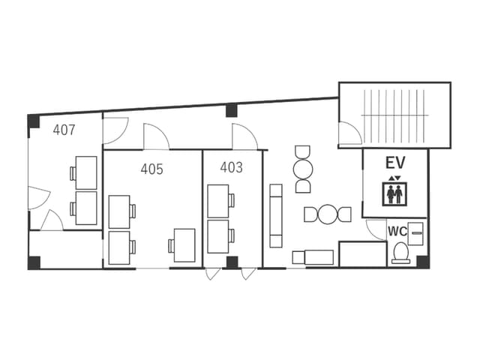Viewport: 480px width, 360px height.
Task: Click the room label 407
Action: pyautogui.click(x=64, y=130)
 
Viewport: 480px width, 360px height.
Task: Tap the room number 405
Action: pyautogui.click(x=151, y=169)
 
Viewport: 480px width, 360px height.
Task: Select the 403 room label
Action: pyautogui.click(x=232, y=167)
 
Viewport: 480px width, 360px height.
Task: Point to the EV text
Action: pyautogui.click(x=395, y=163)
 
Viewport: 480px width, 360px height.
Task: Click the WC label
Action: pyautogui.click(x=397, y=232)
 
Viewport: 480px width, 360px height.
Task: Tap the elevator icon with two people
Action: pyautogui.click(x=394, y=193)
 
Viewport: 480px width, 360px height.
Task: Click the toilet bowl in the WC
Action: pyautogui.click(x=401, y=253)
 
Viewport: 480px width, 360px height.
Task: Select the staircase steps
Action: pyautogui.click(x=395, y=116)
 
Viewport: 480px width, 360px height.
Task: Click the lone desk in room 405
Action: pyautogui.click(x=184, y=245)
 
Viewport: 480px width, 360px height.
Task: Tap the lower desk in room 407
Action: pyautogui.click(x=86, y=208)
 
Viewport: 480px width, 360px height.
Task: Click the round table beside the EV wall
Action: pyautogui.click(x=328, y=214)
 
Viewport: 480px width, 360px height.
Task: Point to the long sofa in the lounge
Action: pyautogui.click(x=276, y=216)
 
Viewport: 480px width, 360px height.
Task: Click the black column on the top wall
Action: pyautogui.click(x=232, y=110)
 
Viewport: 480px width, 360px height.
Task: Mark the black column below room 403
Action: pyautogui.click(x=232, y=262)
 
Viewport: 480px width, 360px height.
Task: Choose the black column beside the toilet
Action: pyautogui.click(x=423, y=262)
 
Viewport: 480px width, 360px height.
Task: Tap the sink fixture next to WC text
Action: pyautogui.click(x=415, y=234)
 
